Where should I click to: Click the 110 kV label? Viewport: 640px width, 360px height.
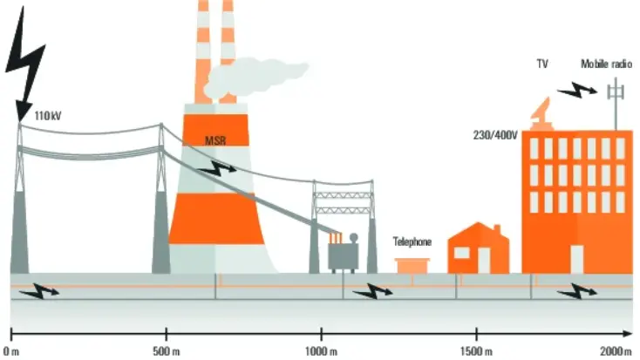coord(48,116)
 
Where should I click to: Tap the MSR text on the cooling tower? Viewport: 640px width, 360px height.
coord(215,141)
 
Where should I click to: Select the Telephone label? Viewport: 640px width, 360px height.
coord(412,241)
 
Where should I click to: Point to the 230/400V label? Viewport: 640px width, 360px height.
coord(495,135)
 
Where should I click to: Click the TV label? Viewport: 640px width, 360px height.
coord(542,65)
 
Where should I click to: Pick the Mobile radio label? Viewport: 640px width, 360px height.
coord(607,65)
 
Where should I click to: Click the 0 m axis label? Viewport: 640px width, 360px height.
coord(11,351)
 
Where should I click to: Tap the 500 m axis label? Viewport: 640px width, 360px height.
coord(167,351)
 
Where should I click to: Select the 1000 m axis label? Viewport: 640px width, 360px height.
coord(321,351)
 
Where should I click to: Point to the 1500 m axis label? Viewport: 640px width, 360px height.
coord(476,351)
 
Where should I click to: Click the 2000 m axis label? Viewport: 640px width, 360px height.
coord(616,351)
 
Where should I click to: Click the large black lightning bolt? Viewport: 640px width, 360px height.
coord(24,61)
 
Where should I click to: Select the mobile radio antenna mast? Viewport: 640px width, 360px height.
coord(616,104)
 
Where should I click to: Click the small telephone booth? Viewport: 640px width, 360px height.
coord(412,266)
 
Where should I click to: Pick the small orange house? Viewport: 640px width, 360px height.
coord(479,248)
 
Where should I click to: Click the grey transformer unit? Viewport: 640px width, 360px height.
coord(344,253)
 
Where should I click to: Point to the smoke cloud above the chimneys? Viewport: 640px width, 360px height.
coord(255,76)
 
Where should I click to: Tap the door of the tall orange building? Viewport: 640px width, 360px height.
coord(576,259)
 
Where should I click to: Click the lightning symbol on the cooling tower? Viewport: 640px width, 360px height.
coord(217,167)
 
